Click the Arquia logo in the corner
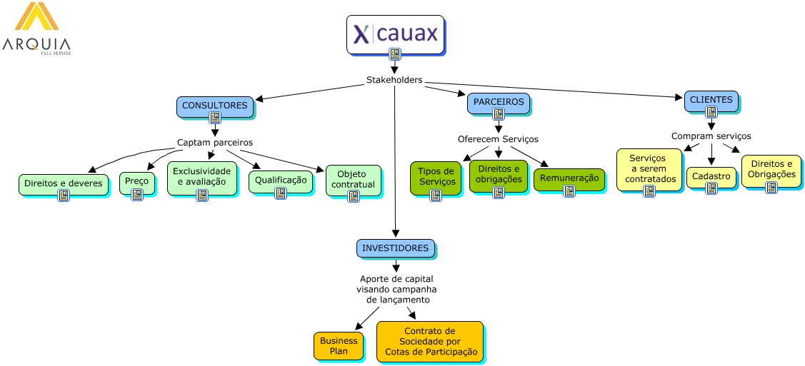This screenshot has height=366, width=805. tap(36, 29)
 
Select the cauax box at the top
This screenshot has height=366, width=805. tap(395, 34)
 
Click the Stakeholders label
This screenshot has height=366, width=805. tap(394, 80)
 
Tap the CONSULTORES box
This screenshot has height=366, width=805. tap(214, 106)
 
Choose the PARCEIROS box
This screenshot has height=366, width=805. tap(498, 102)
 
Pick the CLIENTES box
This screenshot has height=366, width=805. tap(711, 101)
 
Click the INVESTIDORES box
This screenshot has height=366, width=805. tap(395, 248)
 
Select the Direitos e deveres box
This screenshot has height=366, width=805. tap(63, 184)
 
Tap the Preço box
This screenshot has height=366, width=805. tap(136, 181)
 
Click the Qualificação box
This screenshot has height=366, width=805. tap(280, 181)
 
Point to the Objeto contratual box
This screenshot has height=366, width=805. tap(353, 180)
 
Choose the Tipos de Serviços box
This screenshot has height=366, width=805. tap(436, 177)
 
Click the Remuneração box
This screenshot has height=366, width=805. tap(569, 178)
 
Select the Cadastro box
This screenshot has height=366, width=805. tap(711, 176)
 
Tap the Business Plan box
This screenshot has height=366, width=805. tap(339, 346)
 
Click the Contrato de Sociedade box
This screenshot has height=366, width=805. tap(429, 341)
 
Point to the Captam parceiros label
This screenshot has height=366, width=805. tap(214, 142)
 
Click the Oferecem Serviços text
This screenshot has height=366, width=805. tap(498, 139)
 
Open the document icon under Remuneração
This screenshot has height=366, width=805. tap(569, 190)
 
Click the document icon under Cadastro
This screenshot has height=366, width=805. tap(711, 188)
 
